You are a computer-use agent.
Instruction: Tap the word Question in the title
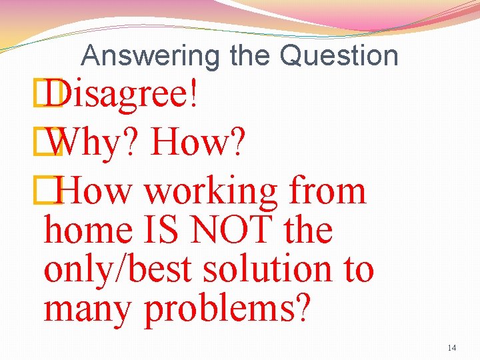pos(339,55)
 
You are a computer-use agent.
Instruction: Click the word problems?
pos(227,309)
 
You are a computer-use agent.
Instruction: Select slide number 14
pos(451,347)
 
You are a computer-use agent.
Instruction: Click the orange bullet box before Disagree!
pos(51,97)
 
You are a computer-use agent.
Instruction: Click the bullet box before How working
pos(51,192)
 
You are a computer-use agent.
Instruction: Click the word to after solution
pos(359,270)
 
